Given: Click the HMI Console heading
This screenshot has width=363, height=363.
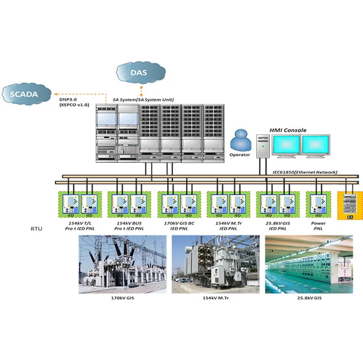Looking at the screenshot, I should (x=287, y=130).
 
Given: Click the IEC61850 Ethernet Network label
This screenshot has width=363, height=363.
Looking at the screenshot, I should (x=305, y=172).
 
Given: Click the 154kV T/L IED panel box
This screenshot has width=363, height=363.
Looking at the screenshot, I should (x=80, y=205).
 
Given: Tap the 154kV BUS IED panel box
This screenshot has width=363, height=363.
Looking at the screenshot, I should (x=129, y=205).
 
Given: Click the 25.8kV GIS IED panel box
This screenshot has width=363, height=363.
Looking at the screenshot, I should (x=276, y=205).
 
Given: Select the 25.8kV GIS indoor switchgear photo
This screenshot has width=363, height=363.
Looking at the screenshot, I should (x=309, y=264).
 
